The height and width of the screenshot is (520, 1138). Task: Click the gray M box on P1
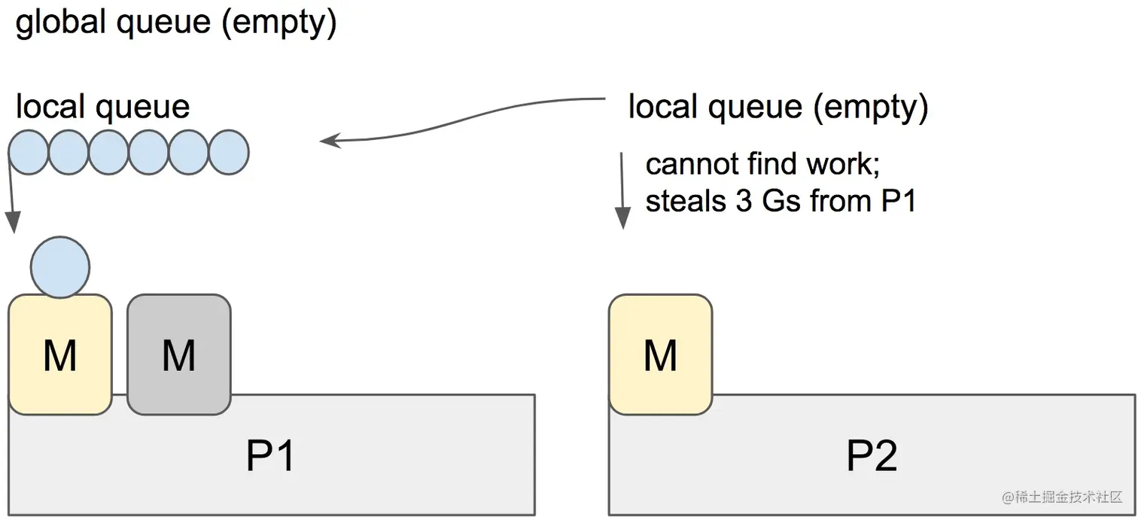pyautogui.click(x=179, y=354)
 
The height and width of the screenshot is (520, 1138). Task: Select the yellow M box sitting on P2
pyautogui.click(x=661, y=354)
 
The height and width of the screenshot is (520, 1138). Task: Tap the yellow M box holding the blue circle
pyautogui.click(x=60, y=354)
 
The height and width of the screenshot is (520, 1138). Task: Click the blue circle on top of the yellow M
pyautogui.click(x=60, y=267)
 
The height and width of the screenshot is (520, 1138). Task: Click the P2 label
pyautogui.click(x=872, y=455)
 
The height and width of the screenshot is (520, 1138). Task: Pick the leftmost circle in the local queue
pyautogui.click(x=29, y=152)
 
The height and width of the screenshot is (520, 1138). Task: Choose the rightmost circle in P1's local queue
pyautogui.click(x=229, y=152)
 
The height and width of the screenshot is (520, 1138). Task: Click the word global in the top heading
pyautogui.click(x=60, y=22)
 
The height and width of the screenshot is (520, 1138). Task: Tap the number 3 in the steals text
pyautogui.click(x=744, y=201)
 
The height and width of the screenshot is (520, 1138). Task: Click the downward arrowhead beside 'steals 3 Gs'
pyautogui.click(x=623, y=218)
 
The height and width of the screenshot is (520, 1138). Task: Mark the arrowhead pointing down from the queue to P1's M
pyautogui.click(x=14, y=223)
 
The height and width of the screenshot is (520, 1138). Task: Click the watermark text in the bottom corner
pyautogui.click(x=1062, y=497)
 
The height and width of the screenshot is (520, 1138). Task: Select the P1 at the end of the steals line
pyautogui.click(x=899, y=201)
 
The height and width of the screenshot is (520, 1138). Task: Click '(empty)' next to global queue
pyautogui.click(x=279, y=23)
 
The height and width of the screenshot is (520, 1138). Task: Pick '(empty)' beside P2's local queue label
pyautogui.click(x=871, y=108)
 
